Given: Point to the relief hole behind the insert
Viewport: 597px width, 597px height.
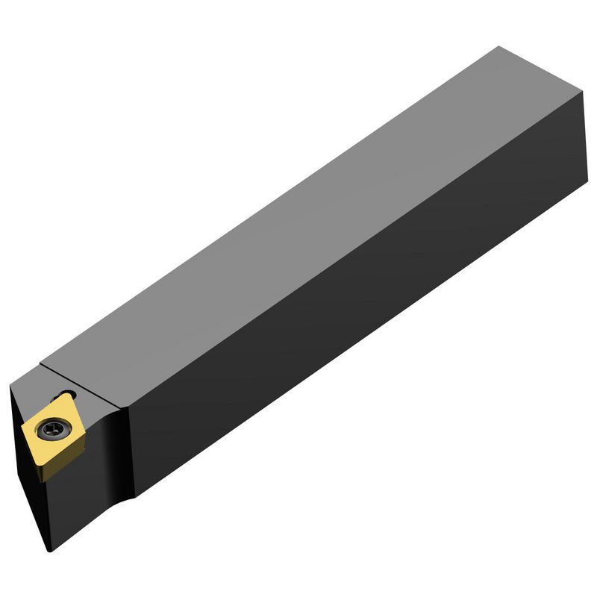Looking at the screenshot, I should tap(69, 395).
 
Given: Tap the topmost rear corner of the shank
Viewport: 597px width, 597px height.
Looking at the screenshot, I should tap(498, 47).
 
